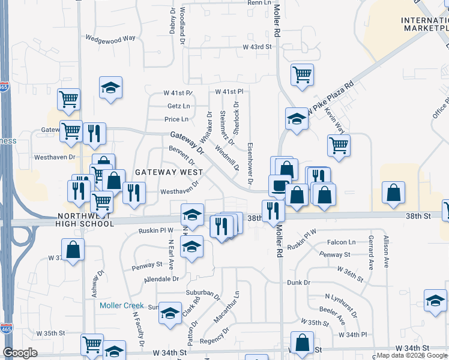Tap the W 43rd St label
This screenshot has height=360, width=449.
258,47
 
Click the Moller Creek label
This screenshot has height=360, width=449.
122,305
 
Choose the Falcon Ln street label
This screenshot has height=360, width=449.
342,242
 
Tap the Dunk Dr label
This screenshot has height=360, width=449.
298,282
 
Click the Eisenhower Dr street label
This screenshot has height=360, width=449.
250,163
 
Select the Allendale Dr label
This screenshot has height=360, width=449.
161,279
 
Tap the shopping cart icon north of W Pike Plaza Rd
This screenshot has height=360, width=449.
302,74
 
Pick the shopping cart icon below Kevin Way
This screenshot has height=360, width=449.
339,145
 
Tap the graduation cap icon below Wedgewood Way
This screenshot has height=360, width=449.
111,88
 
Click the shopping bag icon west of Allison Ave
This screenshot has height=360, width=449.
393,193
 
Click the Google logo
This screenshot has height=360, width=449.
20,353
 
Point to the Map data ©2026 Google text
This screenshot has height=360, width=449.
411,355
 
